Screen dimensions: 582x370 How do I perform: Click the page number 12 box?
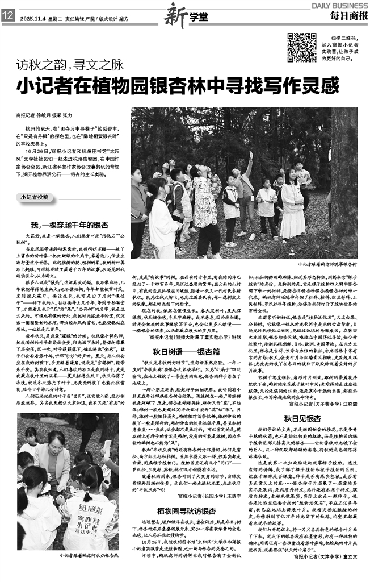[x=8, y=16]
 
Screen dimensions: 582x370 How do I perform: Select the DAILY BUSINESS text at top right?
[x=339, y=5]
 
